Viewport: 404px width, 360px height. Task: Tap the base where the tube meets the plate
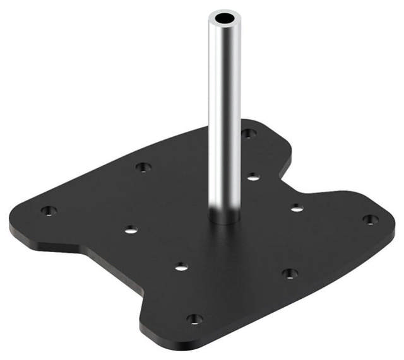[225, 219]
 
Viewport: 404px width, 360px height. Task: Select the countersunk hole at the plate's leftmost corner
[49, 211]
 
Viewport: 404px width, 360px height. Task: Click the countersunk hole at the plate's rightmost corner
[371, 219]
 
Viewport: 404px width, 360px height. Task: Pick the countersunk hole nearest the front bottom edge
[195, 319]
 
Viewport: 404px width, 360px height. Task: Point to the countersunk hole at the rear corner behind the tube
[249, 133]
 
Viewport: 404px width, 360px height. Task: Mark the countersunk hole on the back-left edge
[143, 168]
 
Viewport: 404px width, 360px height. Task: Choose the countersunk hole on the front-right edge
[289, 274]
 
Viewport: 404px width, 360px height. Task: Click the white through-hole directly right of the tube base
[296, 207]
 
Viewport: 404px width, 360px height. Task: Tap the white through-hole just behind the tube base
[252, 177]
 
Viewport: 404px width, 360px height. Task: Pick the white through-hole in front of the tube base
[181, 267]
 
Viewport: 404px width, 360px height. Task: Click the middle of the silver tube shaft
[224, 113]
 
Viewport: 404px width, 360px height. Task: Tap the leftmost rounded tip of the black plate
[14, 221]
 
